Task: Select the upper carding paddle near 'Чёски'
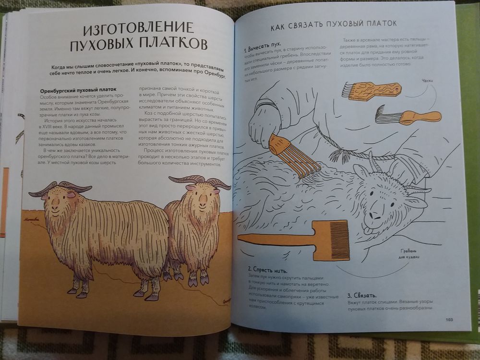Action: pyautogui.click(x=369, y=90)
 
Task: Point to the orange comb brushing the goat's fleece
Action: pyautogui.click(x=294, y=156)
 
